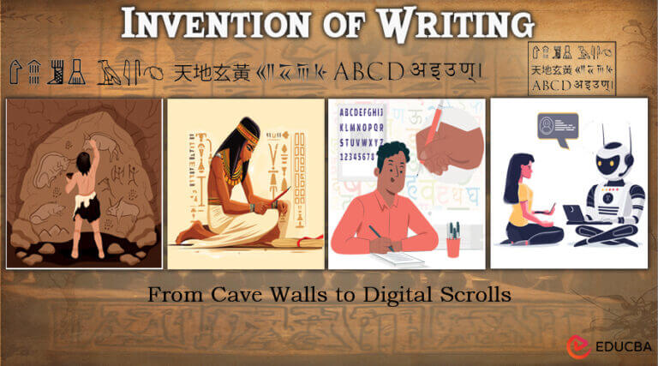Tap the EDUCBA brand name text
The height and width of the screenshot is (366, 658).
click(x=620, y=347)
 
